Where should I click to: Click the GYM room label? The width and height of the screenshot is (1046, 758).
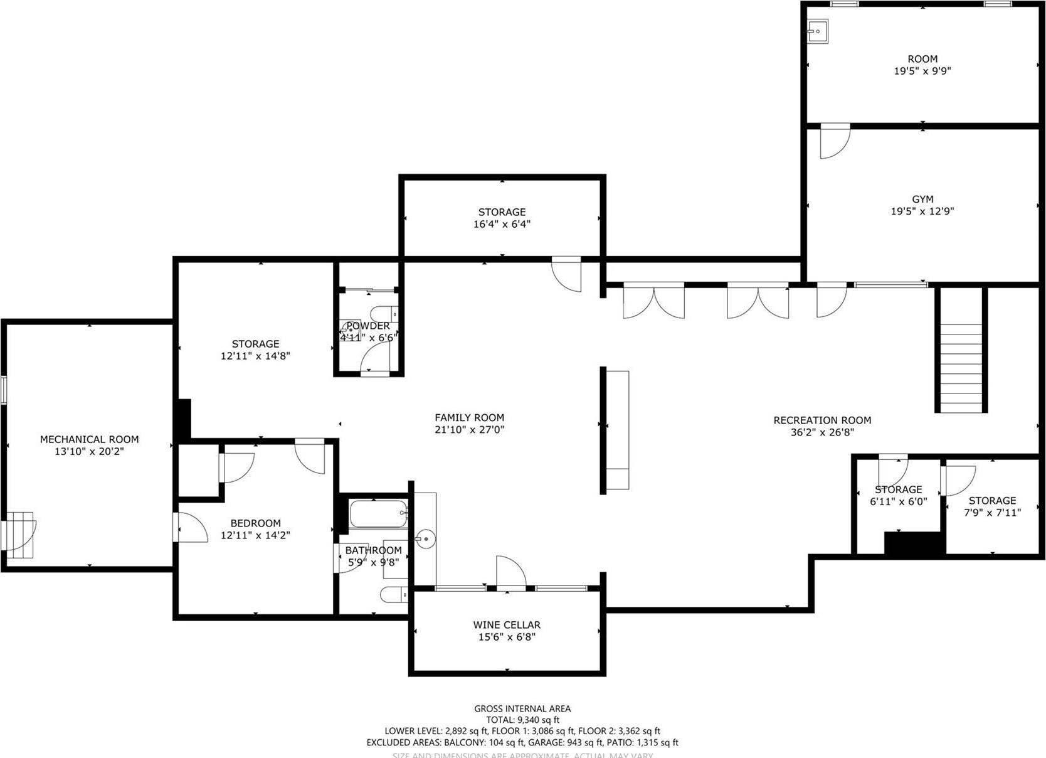pos(922,199)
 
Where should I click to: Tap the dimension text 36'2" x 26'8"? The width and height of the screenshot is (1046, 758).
pos(822,432)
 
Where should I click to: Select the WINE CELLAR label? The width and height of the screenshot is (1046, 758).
pos(506,625)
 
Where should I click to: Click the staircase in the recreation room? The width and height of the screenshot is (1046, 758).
pos(961,367)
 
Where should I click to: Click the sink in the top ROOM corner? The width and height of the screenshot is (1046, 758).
pos(818,29)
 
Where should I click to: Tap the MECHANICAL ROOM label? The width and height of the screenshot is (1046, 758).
pos(89,439)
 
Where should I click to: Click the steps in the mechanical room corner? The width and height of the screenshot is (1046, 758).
pos(21,535)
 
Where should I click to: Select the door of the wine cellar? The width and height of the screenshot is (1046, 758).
pos(510,572)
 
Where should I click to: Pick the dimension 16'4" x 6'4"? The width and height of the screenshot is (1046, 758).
pos(502,224)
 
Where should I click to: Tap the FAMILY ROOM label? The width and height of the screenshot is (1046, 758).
pos(469,417)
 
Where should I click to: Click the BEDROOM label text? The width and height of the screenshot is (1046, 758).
pos(255,523)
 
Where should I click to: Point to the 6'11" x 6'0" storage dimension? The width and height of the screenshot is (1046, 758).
pos(898,501)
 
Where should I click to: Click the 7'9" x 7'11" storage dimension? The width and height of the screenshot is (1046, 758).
pos(992,513)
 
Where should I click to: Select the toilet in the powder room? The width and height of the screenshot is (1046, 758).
pos(383,312)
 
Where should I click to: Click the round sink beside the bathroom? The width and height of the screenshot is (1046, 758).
pos(425,539)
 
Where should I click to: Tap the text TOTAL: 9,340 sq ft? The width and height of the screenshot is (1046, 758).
pos(522,720)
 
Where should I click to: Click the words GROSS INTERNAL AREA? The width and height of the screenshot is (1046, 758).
pos(522,708)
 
